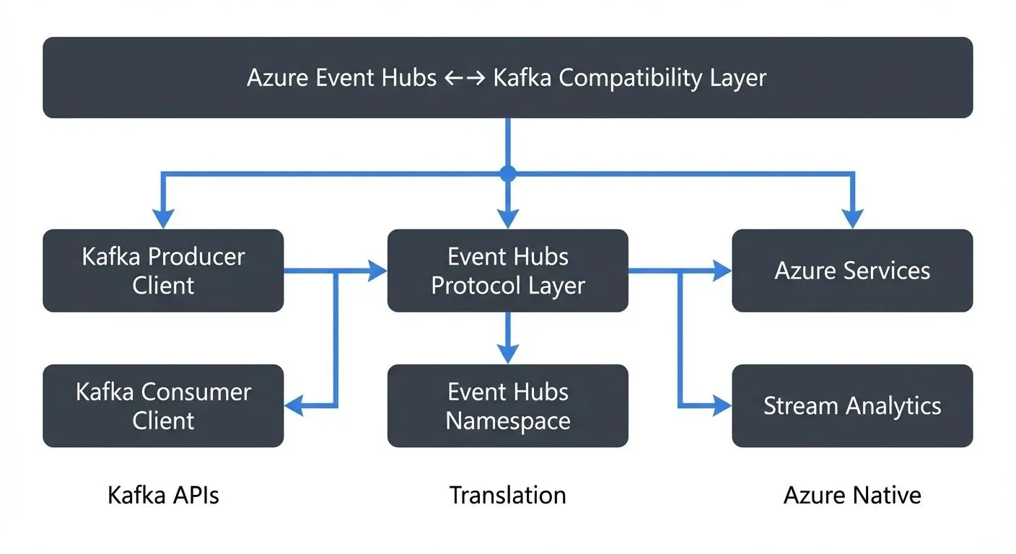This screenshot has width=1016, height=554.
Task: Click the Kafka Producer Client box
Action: tap(163, 271)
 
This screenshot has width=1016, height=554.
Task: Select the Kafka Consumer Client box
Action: tap(163, 405)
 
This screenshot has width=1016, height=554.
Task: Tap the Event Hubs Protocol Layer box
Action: tap(507, 271)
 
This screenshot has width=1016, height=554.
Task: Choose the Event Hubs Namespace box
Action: tap(507, 405)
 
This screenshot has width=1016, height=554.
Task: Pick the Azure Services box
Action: tap(852, 271)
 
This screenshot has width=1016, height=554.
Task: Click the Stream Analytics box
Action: tap(852, 405)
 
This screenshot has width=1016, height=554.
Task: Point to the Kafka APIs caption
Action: tap(163, 495)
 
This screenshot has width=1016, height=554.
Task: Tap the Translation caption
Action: tap(507, 495)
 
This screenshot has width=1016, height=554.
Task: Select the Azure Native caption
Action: tap(852, 495)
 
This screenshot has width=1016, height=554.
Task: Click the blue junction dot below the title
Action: tap(508, 173)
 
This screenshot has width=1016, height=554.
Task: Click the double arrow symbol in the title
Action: tap(465, 78)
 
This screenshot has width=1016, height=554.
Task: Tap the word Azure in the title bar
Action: tap(278, 78)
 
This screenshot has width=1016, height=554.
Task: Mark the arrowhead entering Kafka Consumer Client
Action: tap(294, 406)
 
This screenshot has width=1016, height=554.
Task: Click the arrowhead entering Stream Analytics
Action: tap(722, 406)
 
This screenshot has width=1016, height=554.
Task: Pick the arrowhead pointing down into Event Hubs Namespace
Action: tap(508, 354)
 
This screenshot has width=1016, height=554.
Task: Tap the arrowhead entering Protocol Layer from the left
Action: tap(377, 271)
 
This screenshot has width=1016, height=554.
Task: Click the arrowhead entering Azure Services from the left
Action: tap(722, 271)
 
